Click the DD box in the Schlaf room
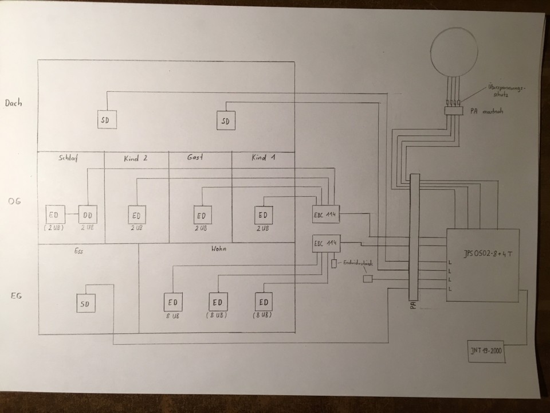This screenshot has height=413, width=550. (88, 215)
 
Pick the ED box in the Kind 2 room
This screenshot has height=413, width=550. (137, 216)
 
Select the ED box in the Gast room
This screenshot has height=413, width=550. (202, 216)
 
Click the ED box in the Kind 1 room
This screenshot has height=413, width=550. (263, 215)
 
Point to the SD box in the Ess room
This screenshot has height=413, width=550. (86, 303)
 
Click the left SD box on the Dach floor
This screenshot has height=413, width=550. (105, 119)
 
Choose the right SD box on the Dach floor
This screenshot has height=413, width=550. (225, 120)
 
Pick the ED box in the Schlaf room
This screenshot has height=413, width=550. (56, 215)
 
